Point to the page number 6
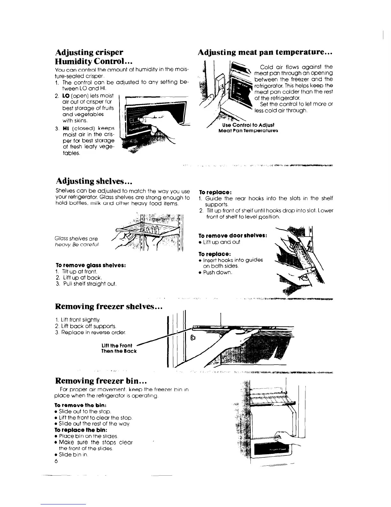(x=56, y=461)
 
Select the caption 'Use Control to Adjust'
(x=248, y=125)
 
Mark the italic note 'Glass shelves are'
(x=77, y=238)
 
